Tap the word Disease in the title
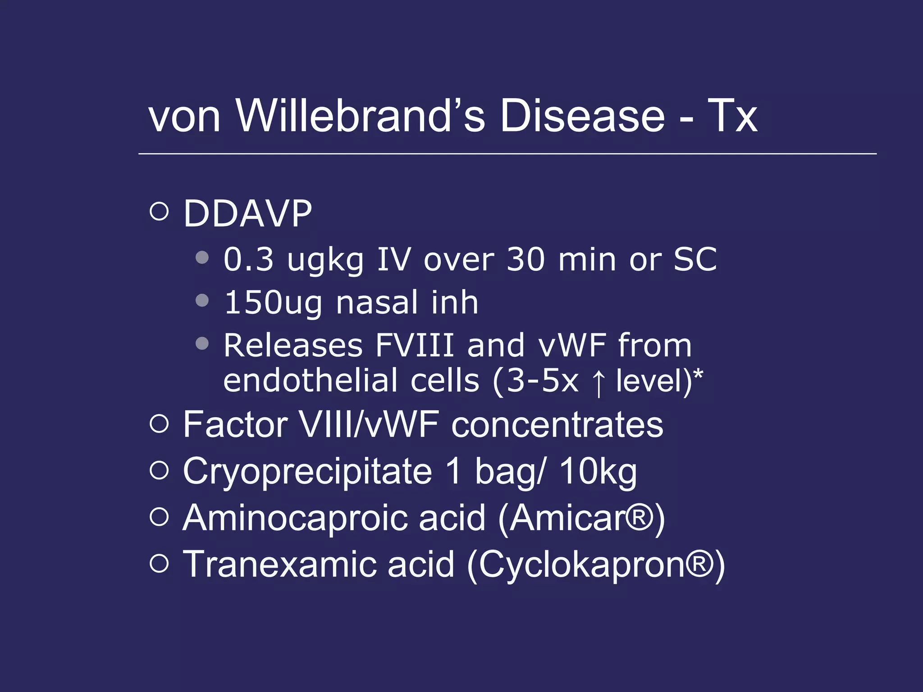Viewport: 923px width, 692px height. pos(582,116)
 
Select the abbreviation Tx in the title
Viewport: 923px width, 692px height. pos(732,116)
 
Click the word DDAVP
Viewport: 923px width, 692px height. pos(247,214)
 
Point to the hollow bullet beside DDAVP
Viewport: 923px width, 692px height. pos(159,211)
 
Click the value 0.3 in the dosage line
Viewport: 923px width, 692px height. pos(248,259)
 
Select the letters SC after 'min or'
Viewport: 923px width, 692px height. pos(695,259)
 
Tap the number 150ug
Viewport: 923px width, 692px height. pos(273,303)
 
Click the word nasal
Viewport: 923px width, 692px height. pos(377,303)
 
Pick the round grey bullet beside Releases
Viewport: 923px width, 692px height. pos(202,344)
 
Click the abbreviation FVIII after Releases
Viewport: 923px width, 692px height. pos(414,346)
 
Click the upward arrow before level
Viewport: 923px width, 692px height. pos(598,382)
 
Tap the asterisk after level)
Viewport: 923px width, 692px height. pos(698,373)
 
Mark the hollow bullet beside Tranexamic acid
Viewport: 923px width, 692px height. pos(159,563)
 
